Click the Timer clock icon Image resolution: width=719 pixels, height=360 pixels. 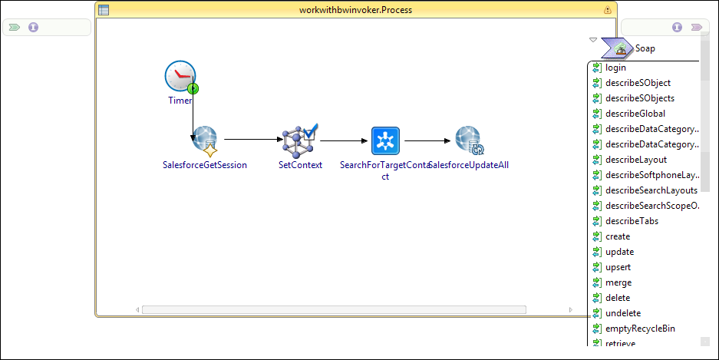click(x=180, y=78)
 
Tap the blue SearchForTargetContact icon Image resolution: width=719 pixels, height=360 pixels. click(x=386, y=141)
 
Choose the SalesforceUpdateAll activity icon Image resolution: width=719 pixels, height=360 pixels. click(x=468, y=140)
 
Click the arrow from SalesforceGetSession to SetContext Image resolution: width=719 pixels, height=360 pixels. click(x=253, y=140)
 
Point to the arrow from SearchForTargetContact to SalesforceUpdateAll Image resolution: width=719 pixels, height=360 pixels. click(x=427, y=140)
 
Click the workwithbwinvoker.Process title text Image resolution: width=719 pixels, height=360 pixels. click(x=355, y=10)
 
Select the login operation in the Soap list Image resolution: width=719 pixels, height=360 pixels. click(x=615, y=68)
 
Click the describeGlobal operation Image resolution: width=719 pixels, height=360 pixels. click(x=635, y=114)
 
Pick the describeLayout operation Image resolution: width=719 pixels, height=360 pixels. click(x=635, y=160)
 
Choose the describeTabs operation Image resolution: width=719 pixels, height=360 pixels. click(x=632, y=221)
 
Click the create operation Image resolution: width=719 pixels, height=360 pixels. click(x=617, y=236)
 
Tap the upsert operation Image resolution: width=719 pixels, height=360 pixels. click(x=618, y=267)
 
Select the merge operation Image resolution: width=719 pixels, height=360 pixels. click(x=618, y=282)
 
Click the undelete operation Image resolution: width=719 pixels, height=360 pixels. click(x=622, y=313)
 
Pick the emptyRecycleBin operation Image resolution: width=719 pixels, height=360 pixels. click(x=640, y=329)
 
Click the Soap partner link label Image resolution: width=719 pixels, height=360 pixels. click(x=645, y=48)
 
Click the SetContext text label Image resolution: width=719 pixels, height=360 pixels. click(x=300, y=165)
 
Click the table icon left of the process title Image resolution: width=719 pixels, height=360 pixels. click(x=104, y=10)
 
